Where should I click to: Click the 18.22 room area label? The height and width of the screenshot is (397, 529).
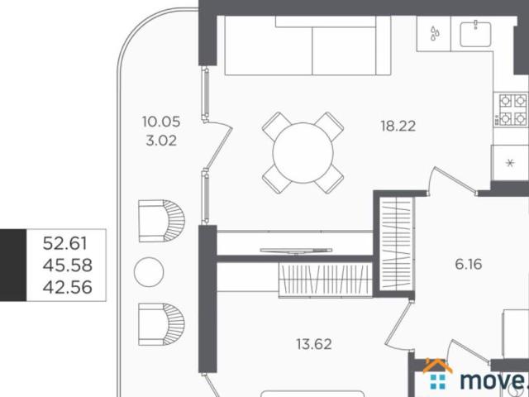click(x=398, y=127)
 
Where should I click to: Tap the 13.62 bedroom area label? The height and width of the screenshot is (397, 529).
click(x=314, y=344)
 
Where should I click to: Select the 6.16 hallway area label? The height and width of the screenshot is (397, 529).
click(x=469, y=264)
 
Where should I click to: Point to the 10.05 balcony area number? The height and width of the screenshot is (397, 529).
click(x=161, y=122)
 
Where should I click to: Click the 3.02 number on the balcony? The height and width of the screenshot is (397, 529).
click(x=161, y=141)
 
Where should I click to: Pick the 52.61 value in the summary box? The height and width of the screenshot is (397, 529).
click(x=65, y=243)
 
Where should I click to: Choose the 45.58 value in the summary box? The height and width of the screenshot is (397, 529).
click(x=68, y=265)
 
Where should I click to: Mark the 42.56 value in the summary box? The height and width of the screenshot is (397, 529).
click(x=68, y=287)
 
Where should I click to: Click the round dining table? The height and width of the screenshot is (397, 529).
click(x=303, y=153)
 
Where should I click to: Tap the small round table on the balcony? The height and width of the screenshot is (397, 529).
click(x=149, y=272)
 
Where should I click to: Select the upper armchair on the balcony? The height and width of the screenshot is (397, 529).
click(x=162, y=221)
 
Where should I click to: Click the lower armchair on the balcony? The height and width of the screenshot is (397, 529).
click(x=162, y=324)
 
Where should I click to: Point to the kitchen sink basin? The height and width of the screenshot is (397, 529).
click(x=476, y=34)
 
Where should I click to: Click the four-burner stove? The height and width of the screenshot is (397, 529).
click(x=512, y=110)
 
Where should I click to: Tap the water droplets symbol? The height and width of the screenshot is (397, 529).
click(x=435, y=34)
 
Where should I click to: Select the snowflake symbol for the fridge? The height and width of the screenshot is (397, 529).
click(x=510, y=163)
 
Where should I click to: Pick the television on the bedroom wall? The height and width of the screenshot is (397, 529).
click(x=296, y=251)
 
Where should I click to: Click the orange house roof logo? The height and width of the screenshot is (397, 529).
click(x=437, y=366)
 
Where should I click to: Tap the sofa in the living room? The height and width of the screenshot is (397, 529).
click(x=307, y=45)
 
